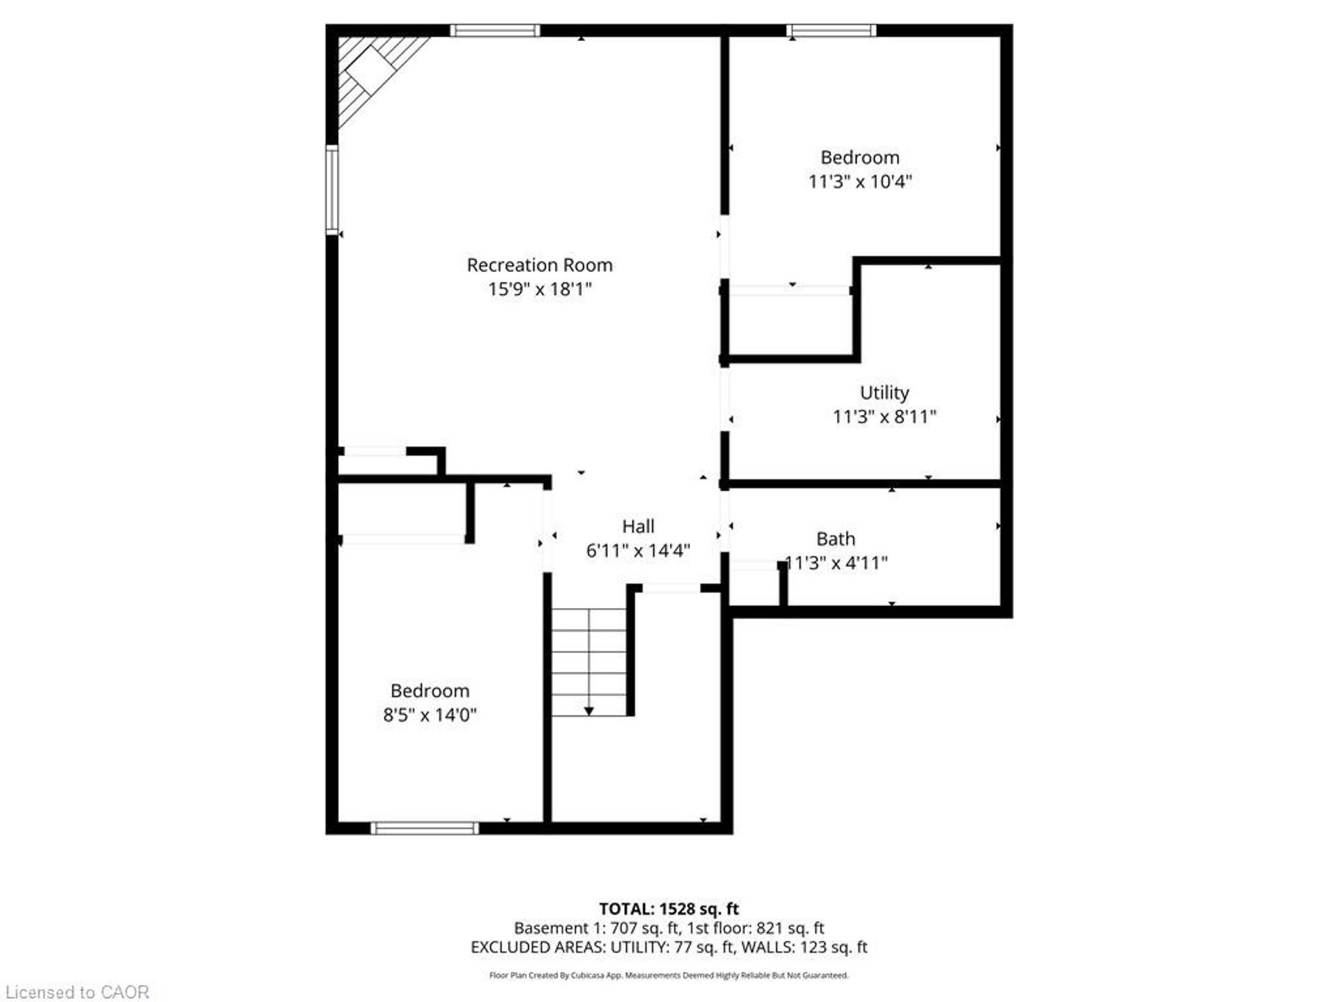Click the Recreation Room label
pyautogui.click(x=540, y=265)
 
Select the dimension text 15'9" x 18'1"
pyautogui.click(x=540, y=289)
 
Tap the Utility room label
pyautogui.click(x=884, y=393)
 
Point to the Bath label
pyautogui.click(x=836, y=539)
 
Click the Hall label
pyautogui.click(x=638, y=527)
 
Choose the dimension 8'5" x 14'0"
pyautogui.click(x=430, y=715)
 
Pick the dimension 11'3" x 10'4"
pyautogui.click(x=860, y=182)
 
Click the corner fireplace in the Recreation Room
pyautogui.click(x=376, y=75)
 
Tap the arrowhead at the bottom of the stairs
pyautogui.click(x=589, y=711)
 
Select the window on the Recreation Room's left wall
pyautogui.click(x=332, y=189)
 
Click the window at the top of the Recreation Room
pyautogui.click(x=495, y=30)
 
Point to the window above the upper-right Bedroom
pyautogui.click(x=831, y=30)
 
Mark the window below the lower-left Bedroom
pyautogui.click(x=425, y=828)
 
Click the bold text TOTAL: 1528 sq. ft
pyautogui.click(x=669, y=909)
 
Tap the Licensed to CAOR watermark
pyautogui.click(x=77, y=992)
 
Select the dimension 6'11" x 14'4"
pyautogui.click(x=638, y=550)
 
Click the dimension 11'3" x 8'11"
pyautogui.click(x=884, y=417)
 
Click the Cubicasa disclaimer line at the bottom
pyautogui.click(x=669, y=976)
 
